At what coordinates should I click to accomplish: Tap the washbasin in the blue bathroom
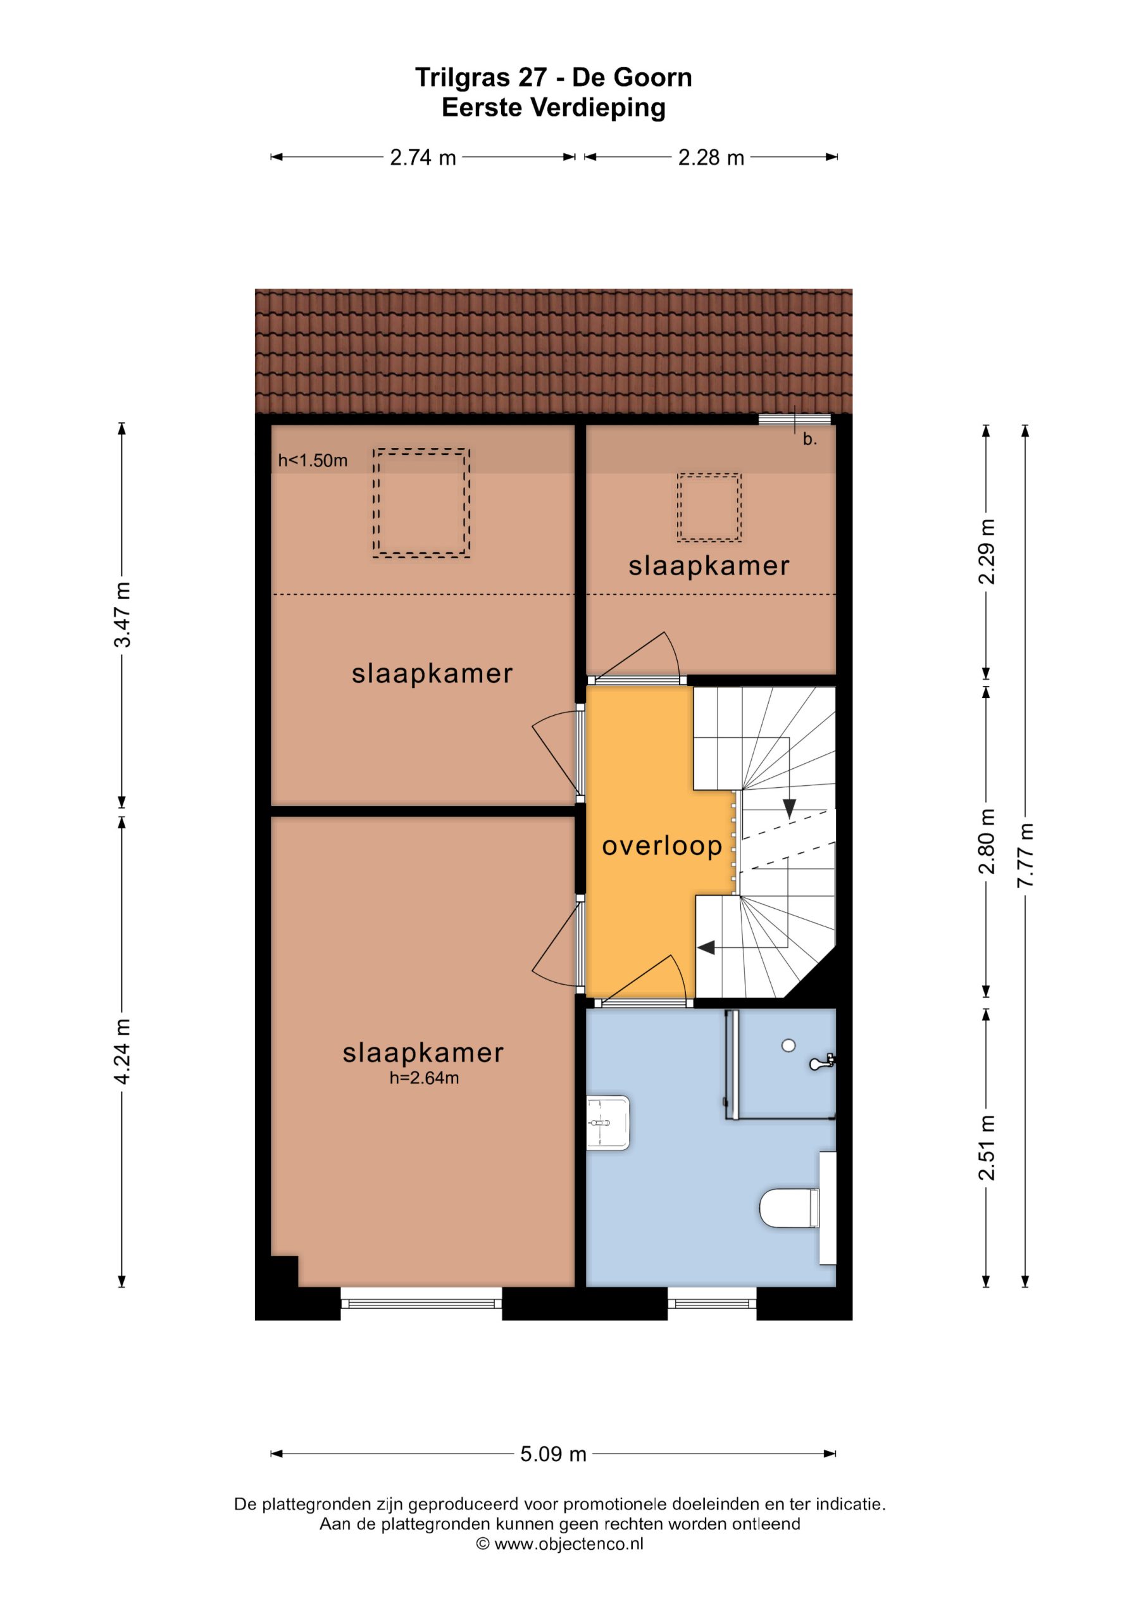[x=607, y=1123]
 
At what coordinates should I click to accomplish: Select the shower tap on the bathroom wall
[x=823, y=1061]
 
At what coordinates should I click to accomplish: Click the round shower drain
[x=789, y=1045]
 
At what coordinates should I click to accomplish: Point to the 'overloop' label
[x=662, y=845]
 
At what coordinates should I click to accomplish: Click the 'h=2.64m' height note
[x=424, y=1078]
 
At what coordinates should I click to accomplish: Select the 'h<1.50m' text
[x=313, y=461]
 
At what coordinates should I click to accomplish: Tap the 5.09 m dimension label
[x=553, y=1454]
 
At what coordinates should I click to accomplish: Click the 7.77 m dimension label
[x=1025, y=856]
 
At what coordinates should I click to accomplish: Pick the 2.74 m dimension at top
[x=423, y=158]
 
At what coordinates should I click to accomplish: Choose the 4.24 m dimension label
[x=122, y=1051]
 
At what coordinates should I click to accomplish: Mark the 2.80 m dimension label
[x=987, y=841]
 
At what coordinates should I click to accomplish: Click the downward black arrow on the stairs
[x=789, y=808]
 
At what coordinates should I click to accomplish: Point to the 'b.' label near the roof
[x=809, y=439]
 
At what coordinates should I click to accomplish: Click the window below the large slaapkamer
[x=421, y=1302]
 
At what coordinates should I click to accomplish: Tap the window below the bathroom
[x=711, y=1302]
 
